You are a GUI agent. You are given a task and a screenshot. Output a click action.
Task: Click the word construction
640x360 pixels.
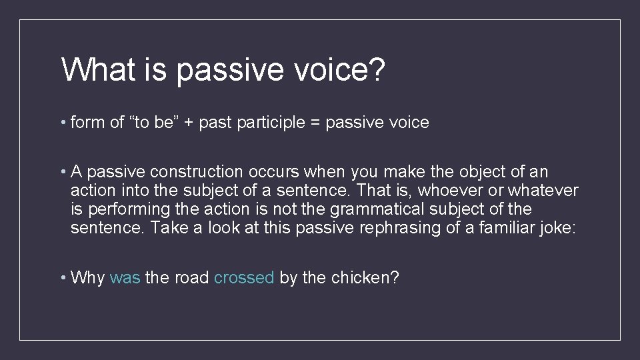(177, 172)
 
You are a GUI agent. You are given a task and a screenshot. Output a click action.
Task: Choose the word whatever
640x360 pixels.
(543, 191)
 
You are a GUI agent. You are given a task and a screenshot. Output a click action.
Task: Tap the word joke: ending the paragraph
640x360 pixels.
(561, 228)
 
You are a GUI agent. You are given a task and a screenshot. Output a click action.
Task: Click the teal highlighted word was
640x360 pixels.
(125, 277)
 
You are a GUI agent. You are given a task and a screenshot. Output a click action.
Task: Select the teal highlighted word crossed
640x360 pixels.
(244, 277)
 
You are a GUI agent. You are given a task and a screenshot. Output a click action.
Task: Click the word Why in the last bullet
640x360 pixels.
(87, 277)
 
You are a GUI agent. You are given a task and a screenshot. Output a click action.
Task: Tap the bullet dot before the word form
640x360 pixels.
(63, 123)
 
